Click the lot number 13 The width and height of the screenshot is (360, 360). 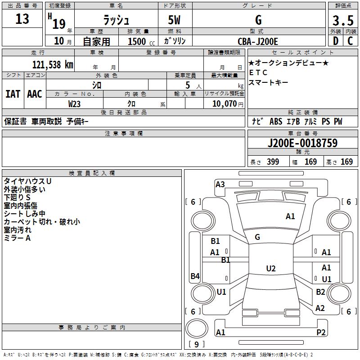22,19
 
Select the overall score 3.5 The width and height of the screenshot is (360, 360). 342,21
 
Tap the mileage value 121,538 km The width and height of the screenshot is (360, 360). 53,64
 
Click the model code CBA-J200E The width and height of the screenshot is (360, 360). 258,41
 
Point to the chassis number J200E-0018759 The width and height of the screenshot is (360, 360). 302,144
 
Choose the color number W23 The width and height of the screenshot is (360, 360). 74,103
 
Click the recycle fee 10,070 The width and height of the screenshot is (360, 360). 223,103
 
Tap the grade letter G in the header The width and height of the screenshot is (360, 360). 258,20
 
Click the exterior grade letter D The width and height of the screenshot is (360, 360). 335,41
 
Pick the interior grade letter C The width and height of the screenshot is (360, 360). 350,41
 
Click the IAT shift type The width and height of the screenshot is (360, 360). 13,94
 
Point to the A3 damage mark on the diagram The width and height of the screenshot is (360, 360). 220,184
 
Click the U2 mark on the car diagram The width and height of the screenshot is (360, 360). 270,269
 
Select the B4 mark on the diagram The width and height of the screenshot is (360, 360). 195,276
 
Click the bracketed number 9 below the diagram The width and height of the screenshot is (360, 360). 196,345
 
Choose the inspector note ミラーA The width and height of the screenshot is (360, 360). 17,238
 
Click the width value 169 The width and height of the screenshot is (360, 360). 311,162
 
